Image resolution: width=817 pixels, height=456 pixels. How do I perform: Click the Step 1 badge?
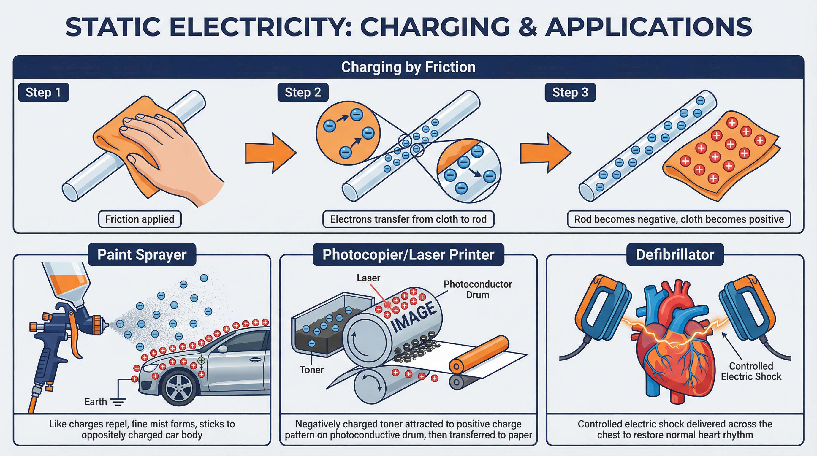click(x=43, y=92)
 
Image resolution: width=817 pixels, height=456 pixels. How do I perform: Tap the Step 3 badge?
click(x=570, y=92)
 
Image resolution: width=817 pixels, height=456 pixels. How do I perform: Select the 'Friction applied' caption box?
click(x=140, y=219)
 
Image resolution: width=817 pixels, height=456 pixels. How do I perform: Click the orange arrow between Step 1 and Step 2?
click(x=270, y=153)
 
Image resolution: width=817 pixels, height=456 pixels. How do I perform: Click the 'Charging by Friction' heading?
click(x=408, y=67)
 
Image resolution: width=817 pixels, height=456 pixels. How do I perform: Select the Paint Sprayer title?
click(x=142, y=255)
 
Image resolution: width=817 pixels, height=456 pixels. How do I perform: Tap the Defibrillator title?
click(x=675, y=255)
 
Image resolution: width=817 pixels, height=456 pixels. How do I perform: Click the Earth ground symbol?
click(x=118, y=402)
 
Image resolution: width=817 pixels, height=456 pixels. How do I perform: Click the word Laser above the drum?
click(x=368, y=278)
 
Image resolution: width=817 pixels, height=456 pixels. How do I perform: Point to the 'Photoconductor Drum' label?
click(x=477, y=289)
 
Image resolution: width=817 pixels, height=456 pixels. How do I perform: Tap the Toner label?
click(x=311, y=370)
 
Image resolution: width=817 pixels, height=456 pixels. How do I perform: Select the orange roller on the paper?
click(x=479, y=354)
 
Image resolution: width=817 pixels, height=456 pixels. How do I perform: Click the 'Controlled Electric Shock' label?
click(x=751, y=371)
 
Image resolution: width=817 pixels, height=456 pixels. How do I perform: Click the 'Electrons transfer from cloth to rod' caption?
click(x=408, y=219)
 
